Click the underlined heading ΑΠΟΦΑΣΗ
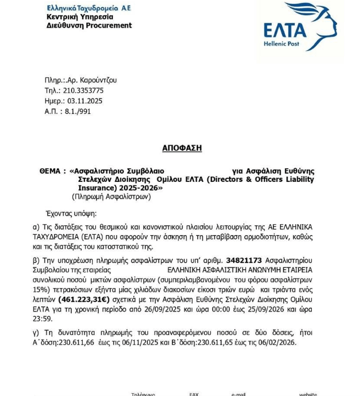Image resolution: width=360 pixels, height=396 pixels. tap(181, 148)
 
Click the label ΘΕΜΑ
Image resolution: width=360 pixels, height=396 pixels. tap(50, 171)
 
